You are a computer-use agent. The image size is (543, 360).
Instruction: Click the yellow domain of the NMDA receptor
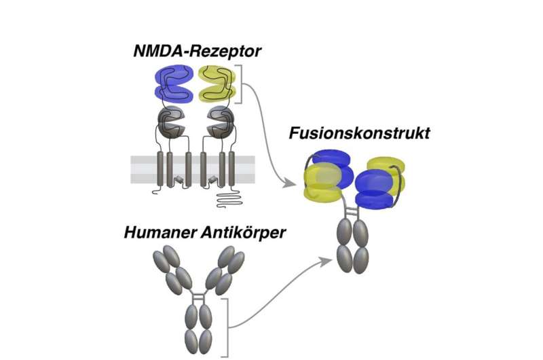[x=217, y=82]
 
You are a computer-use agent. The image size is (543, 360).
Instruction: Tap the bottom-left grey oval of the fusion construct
[x=343, y=259]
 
